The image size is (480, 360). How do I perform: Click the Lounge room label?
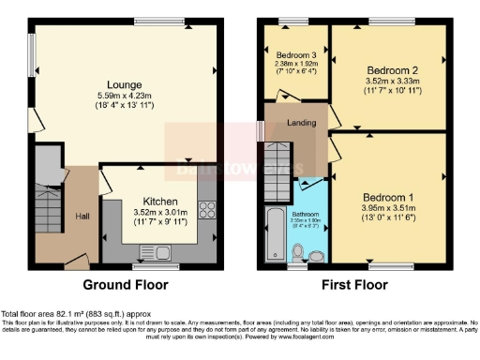pos(123,83)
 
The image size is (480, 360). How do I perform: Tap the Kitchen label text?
pos(161,201)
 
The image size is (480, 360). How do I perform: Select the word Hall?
pos(82,216)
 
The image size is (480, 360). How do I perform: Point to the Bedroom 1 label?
pos(387,198)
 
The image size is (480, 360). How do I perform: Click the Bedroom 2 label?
pos(392,70)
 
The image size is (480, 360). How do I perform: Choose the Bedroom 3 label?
pos(296,55)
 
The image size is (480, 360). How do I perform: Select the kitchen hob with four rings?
pos(208,208)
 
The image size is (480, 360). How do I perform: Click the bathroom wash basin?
pos(317,254)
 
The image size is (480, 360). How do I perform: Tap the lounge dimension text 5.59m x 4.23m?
pos(123,97)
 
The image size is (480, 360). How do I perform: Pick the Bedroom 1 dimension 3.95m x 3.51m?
pos(387,208)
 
